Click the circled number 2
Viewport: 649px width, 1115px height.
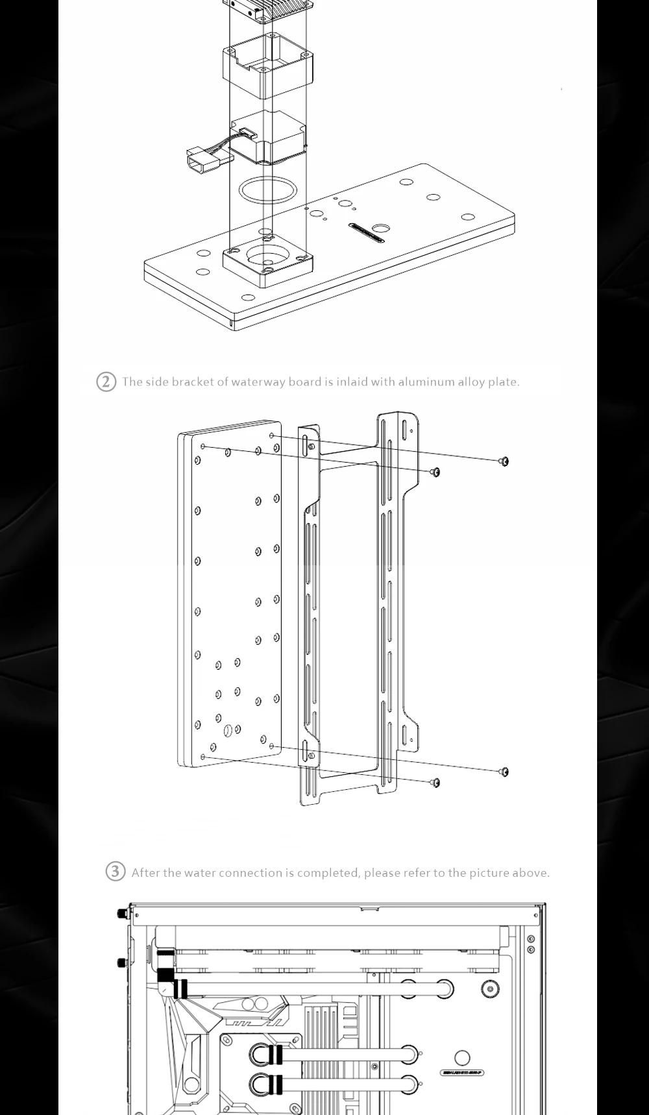(106, 382)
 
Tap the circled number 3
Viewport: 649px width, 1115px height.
(115, 872)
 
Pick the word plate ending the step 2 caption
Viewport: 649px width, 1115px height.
(503, 382)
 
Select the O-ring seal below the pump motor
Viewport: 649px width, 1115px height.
(267, 190)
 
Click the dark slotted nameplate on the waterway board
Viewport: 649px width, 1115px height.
(367, 232)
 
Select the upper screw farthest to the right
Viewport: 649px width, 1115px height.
(504, 461)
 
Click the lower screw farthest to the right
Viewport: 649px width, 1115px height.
(504, 772)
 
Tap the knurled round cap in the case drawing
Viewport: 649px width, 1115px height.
(491, 988)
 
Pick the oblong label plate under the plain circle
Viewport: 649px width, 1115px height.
(462, 1072)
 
